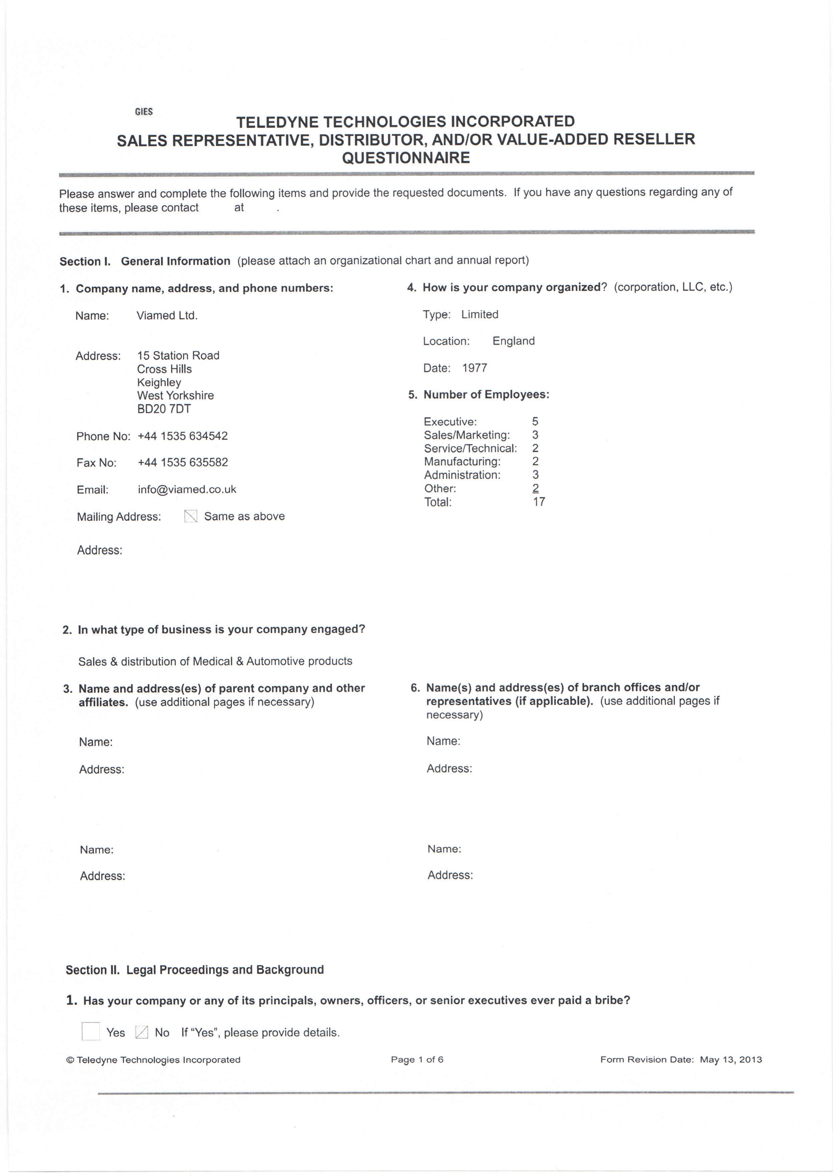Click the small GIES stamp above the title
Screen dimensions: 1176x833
[x=144, y=111]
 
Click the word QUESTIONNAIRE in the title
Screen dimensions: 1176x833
[x=406, y=158]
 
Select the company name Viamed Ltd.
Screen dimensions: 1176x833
[x=167, y=316]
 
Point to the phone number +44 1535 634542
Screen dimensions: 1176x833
[x=183, y=436]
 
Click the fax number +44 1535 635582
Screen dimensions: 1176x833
[x=183, y=462]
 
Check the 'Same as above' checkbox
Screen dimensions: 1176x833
[x=191, y=516]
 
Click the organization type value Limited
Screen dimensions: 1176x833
[x=480, y=315]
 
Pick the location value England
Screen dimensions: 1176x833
[x=513, y=341]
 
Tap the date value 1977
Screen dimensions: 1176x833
[x=475, y=368]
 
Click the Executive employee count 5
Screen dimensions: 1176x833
[x=535, y=422]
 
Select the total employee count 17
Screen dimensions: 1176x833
[x=539, y=502]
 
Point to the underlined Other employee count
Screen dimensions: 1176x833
[x=536, y=488]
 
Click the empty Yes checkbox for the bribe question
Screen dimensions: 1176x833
[x=91, y=1031]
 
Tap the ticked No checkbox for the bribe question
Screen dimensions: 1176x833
[x=142, y=1032]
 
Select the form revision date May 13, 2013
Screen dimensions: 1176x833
[x=731, y=1059]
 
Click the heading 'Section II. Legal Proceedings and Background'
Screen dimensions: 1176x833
[x=195, y=970]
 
